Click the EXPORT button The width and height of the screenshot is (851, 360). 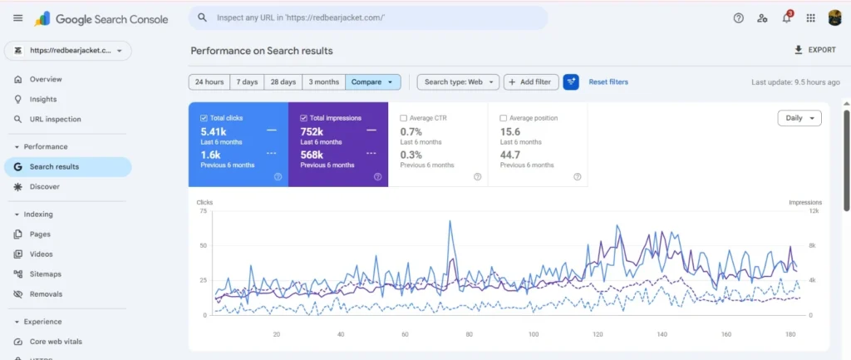point(814,50)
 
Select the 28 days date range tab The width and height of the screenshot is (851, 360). point(283,82)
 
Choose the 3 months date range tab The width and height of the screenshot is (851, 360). point(323,82)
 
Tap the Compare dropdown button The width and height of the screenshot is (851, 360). point(373,82)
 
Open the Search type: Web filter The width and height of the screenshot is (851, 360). point(458,82)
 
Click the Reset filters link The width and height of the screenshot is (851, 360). point(608,82)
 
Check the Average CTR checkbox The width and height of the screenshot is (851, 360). point(403,118)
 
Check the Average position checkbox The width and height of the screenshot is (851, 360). point(503,118)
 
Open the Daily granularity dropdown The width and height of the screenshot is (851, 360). point(799,118)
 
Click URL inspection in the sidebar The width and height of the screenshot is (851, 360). point(55,119)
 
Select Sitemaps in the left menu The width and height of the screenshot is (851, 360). point(45,274)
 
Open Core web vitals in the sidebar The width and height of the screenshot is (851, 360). point(56,342)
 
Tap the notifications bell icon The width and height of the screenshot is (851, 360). point(786,18)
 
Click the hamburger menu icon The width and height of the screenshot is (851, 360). point(18,18)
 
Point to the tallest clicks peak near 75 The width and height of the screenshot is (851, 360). point(450,221)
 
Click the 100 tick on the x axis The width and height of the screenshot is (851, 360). point(534,334)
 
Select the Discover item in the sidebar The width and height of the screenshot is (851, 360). point(45,187)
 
